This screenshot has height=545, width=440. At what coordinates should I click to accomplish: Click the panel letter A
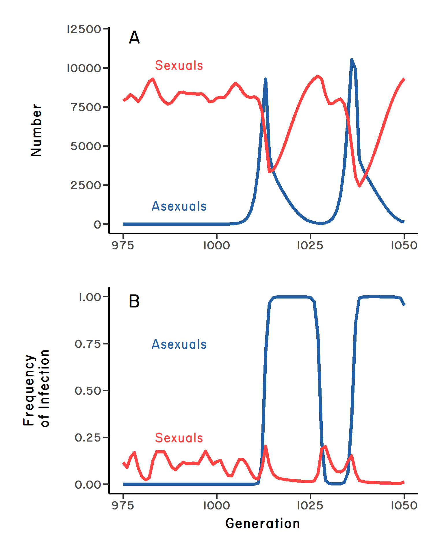coord(134,38)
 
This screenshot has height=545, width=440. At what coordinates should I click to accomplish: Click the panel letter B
coord(134,301)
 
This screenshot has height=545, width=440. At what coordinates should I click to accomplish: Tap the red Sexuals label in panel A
coord(179,66)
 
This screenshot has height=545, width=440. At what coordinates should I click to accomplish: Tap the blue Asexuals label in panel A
coord(179,206)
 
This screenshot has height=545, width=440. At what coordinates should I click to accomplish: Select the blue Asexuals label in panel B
coord(179,344)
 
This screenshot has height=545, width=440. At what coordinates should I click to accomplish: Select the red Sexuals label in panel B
coord(179,438)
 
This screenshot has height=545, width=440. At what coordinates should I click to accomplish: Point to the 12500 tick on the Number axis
coord(84,29)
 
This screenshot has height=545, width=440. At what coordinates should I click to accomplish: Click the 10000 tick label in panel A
coord(84,68)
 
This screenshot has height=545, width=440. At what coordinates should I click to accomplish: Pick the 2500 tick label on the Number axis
coord(86,185)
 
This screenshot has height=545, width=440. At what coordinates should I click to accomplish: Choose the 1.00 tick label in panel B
coord(90,297)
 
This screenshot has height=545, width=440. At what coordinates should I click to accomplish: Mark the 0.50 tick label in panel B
coord(88,391)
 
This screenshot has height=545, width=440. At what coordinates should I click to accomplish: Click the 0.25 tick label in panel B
coord(88,438)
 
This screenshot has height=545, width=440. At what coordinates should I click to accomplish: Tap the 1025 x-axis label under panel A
coord(310,246)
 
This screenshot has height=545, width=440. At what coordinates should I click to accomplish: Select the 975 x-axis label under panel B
coord(123,506)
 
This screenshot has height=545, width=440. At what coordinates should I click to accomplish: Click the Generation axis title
coord(263,524)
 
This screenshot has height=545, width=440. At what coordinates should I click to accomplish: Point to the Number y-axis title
coord(36,130)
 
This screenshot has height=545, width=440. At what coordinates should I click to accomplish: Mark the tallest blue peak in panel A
coord(352,60)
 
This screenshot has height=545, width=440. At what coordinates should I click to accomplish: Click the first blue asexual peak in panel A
coord(265,79)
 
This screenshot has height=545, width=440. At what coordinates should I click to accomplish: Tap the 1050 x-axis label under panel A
coord(404,246)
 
